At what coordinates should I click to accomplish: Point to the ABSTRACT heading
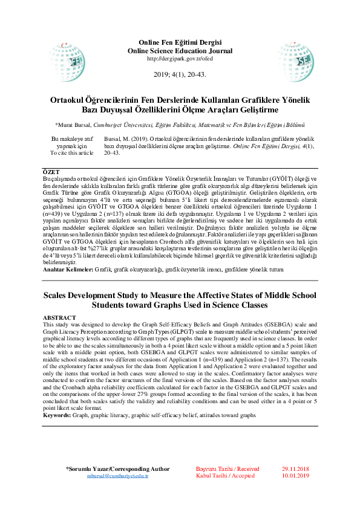[x=59, y=317]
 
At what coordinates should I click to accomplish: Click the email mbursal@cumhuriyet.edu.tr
[x=117, y=476]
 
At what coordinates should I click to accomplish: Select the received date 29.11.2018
[x=295, y=469]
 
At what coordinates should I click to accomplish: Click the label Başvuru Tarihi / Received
[x=227, y=469]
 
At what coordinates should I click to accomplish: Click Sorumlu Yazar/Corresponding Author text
[x=117, y=469]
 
